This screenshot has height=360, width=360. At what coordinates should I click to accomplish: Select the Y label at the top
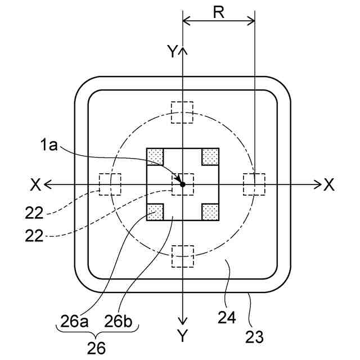point(172,52)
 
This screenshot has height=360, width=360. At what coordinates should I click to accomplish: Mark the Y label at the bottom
point(182,336)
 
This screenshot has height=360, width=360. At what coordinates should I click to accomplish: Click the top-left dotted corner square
point(155,156)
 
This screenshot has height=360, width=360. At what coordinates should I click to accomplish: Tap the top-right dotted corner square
point(210,156)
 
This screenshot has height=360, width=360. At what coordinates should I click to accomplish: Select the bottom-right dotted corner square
point(210,212)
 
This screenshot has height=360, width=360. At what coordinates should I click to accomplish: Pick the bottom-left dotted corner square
point(155,212)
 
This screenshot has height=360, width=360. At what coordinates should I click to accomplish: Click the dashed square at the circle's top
point(182,112)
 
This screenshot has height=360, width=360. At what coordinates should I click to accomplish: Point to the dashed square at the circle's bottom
point(182,256)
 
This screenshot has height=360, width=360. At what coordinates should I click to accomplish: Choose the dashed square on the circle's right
point(254,184)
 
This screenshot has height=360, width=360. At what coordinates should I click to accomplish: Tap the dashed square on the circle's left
point(110,184)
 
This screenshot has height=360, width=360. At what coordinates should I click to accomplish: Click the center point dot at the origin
point(182,184)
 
